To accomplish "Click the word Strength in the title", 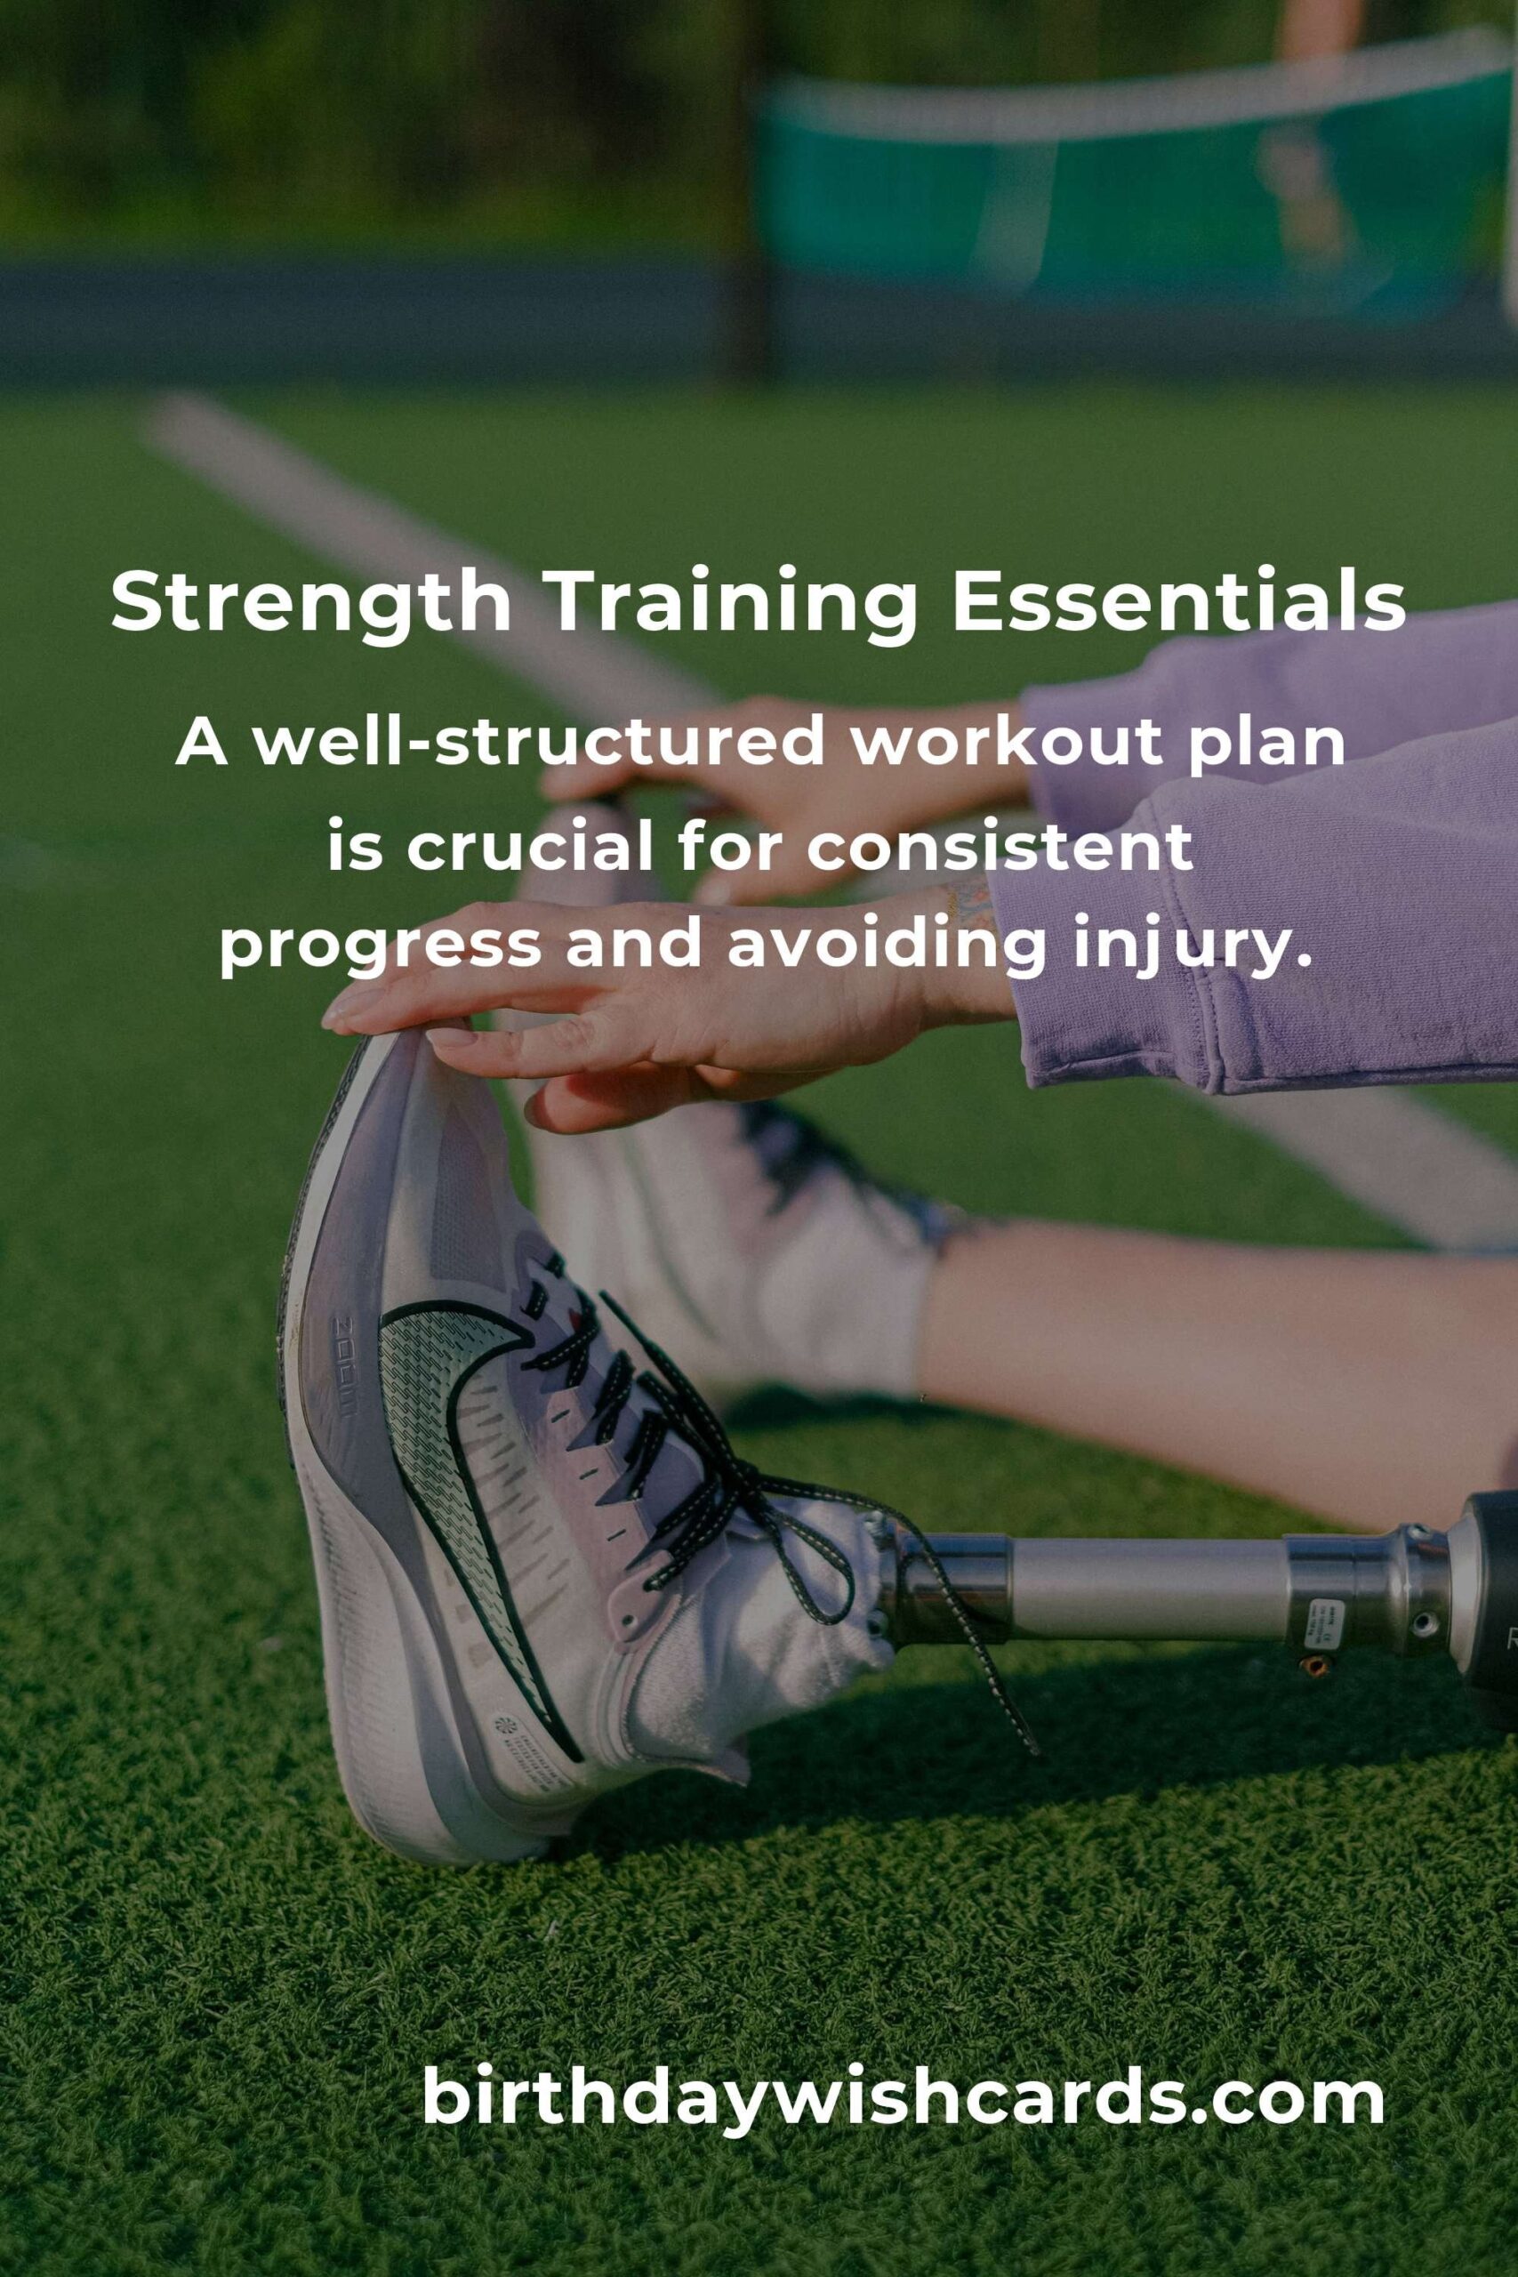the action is pos(310,603).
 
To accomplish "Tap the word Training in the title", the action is pos(733,603).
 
